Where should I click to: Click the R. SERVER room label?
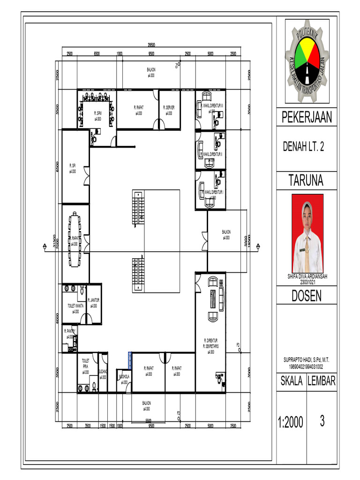[x=169, y=108]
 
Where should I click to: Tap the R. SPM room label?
[x=97, y=113]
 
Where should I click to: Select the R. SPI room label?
[x=73, y=165]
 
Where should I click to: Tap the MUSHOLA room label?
[x=124, y=376]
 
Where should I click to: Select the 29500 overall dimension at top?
[x=151, y=45]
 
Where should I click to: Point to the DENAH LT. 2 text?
[x=303, y=147]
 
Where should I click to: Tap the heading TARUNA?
[x=306, y=180]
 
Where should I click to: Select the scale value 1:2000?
[x=290, y=423]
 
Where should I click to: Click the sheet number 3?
[x=322, y=421]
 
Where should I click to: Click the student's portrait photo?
[x=307, y=233]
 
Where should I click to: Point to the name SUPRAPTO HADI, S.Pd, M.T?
[x=307, y=360]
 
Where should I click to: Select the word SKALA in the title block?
[x=292, y=381]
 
